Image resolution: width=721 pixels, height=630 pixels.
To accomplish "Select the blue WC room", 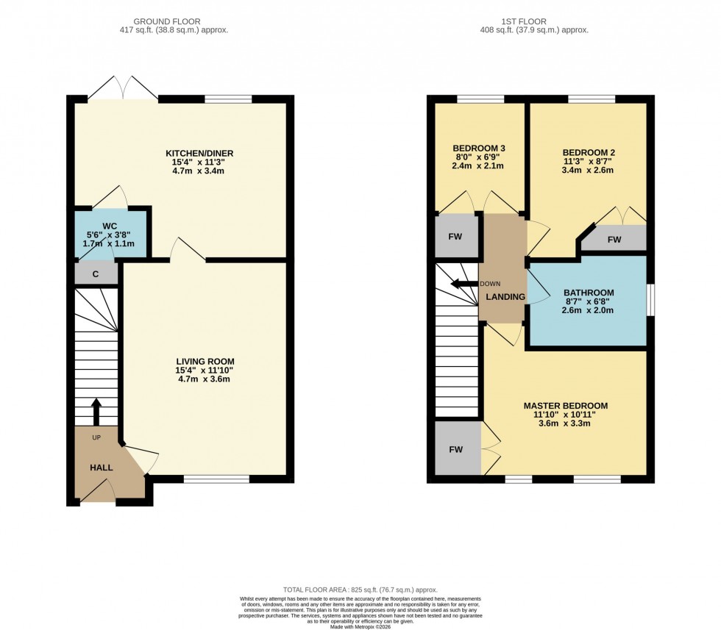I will point(110,233).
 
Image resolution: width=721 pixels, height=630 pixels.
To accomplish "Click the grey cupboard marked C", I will point(96,273).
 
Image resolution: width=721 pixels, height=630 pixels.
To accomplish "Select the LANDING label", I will point(505,297).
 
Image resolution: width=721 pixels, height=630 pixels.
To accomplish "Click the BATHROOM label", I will point(588,293).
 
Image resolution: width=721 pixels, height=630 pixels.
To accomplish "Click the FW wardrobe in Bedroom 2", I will point(614,239).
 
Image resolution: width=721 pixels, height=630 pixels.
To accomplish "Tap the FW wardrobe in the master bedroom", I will point(456,448).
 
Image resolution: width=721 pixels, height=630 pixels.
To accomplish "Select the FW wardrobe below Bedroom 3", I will point(456,237).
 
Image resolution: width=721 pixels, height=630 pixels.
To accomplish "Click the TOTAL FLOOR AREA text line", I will point(360,590).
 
